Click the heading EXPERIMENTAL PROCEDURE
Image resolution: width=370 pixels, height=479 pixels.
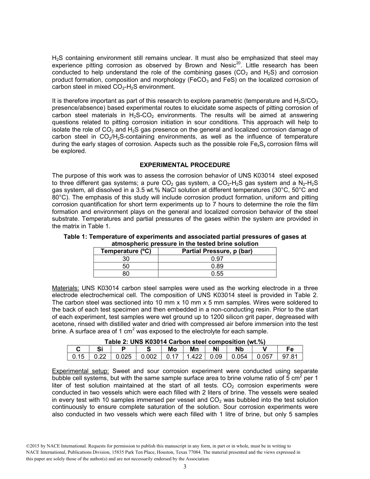pos(185,165)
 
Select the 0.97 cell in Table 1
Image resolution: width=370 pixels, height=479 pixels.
pos(217,259)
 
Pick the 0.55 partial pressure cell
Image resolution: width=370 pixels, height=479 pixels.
pos(217,274)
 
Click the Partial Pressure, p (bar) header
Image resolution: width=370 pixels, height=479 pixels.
pos(217,251)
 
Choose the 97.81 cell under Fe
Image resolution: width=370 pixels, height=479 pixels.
pos(290,356)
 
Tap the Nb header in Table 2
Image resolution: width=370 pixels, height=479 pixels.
pos(239,349)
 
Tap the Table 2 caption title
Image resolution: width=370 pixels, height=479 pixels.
pos(185,342)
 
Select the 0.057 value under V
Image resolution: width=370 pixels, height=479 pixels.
pos(265,356)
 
